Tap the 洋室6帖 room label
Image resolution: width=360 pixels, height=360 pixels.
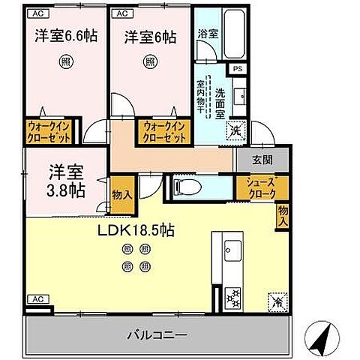point(149,35)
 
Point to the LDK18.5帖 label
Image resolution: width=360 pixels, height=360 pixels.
point(135,230)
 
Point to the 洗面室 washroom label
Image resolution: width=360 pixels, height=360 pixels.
point(220,103)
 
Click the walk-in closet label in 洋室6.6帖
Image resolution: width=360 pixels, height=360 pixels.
point(49,132)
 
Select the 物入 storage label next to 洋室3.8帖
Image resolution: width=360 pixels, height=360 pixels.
point(121,194)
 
